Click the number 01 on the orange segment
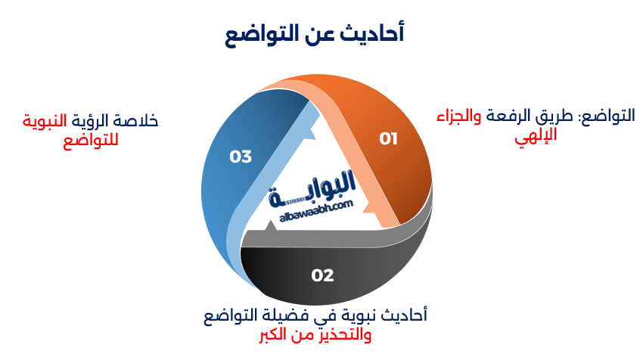tap(388, 138)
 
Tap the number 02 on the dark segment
tap(322, 275)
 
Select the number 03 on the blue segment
tap(241, 157)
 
